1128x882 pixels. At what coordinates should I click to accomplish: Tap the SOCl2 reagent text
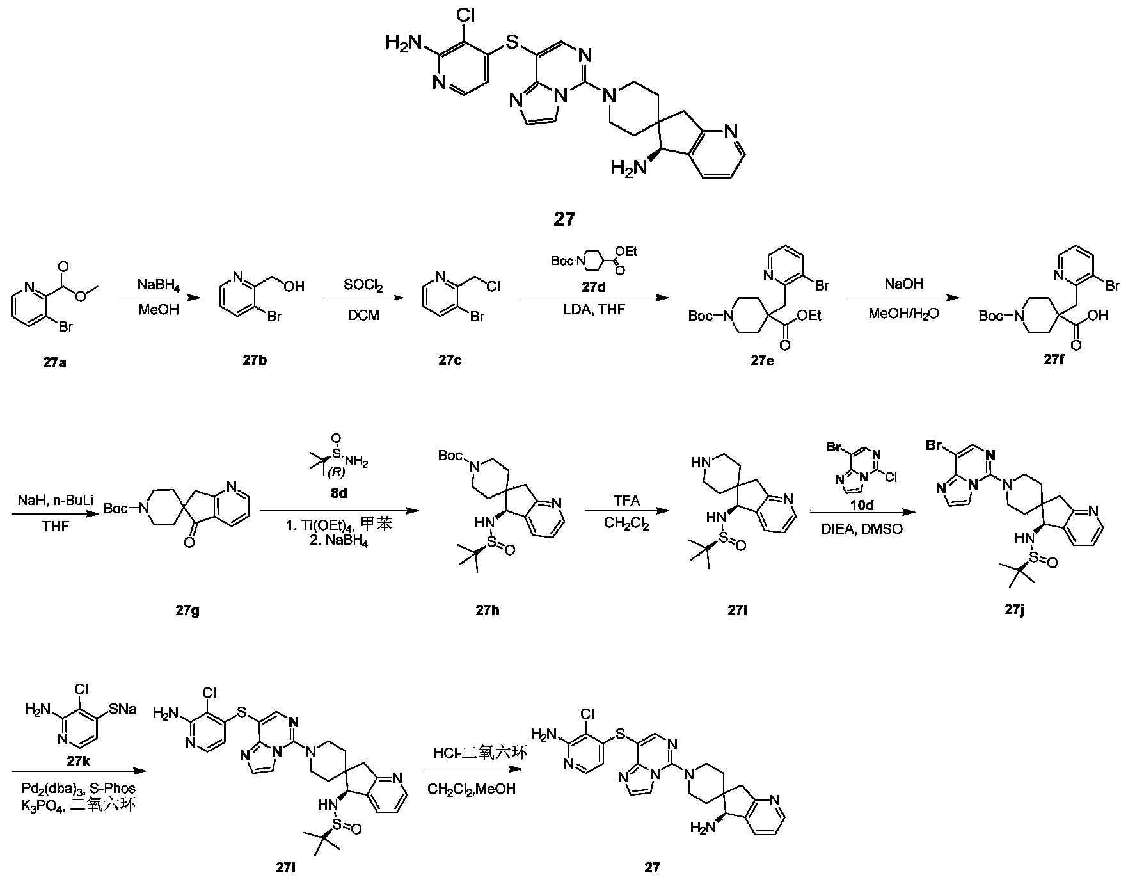coord(362,283)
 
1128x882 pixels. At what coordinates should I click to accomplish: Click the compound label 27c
coord(450,360)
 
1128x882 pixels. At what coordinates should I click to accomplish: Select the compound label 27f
coord(1055,360)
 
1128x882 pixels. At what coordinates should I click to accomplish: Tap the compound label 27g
coord(188,610)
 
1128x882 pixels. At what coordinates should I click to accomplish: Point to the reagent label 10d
coord(861,505)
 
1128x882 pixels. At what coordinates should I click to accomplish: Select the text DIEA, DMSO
coord(862,529)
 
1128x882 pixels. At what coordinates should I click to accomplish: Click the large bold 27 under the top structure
coord(564,220)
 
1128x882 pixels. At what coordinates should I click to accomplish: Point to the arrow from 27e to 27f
coord(903,298)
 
